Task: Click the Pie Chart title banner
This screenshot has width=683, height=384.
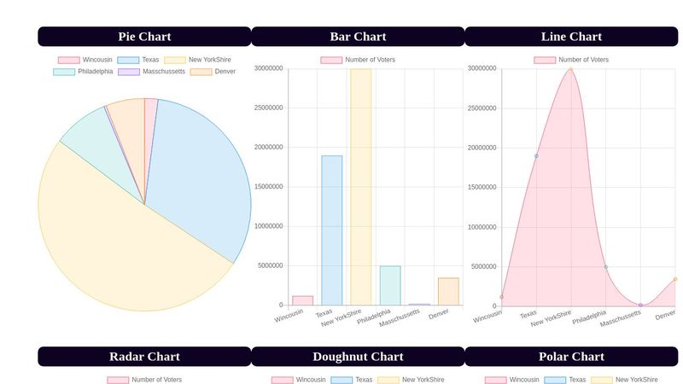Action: click(x=144, y=37)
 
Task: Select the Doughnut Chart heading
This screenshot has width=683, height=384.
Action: click(x=358, y=357)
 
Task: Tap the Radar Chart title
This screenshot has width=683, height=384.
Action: click(x=144, y=357)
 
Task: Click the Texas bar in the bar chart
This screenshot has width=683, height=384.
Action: click(x=331, y=230)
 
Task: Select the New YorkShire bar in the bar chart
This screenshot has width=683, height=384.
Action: click(x=360, y=187)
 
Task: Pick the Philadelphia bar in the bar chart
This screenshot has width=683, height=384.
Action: click(x=390, y=286)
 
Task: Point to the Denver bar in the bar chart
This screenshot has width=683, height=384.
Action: click(x=448, y=292)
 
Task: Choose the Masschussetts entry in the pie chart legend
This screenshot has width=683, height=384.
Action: click(x=163, y=72)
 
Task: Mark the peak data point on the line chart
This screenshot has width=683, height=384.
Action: click(x=571, y=69)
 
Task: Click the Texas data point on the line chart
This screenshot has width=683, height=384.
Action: click(x=536, y=156)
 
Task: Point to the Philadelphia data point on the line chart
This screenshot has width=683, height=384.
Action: click(x=606, y=267)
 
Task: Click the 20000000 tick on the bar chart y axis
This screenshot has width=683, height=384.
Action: click(x=268, y=148)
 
